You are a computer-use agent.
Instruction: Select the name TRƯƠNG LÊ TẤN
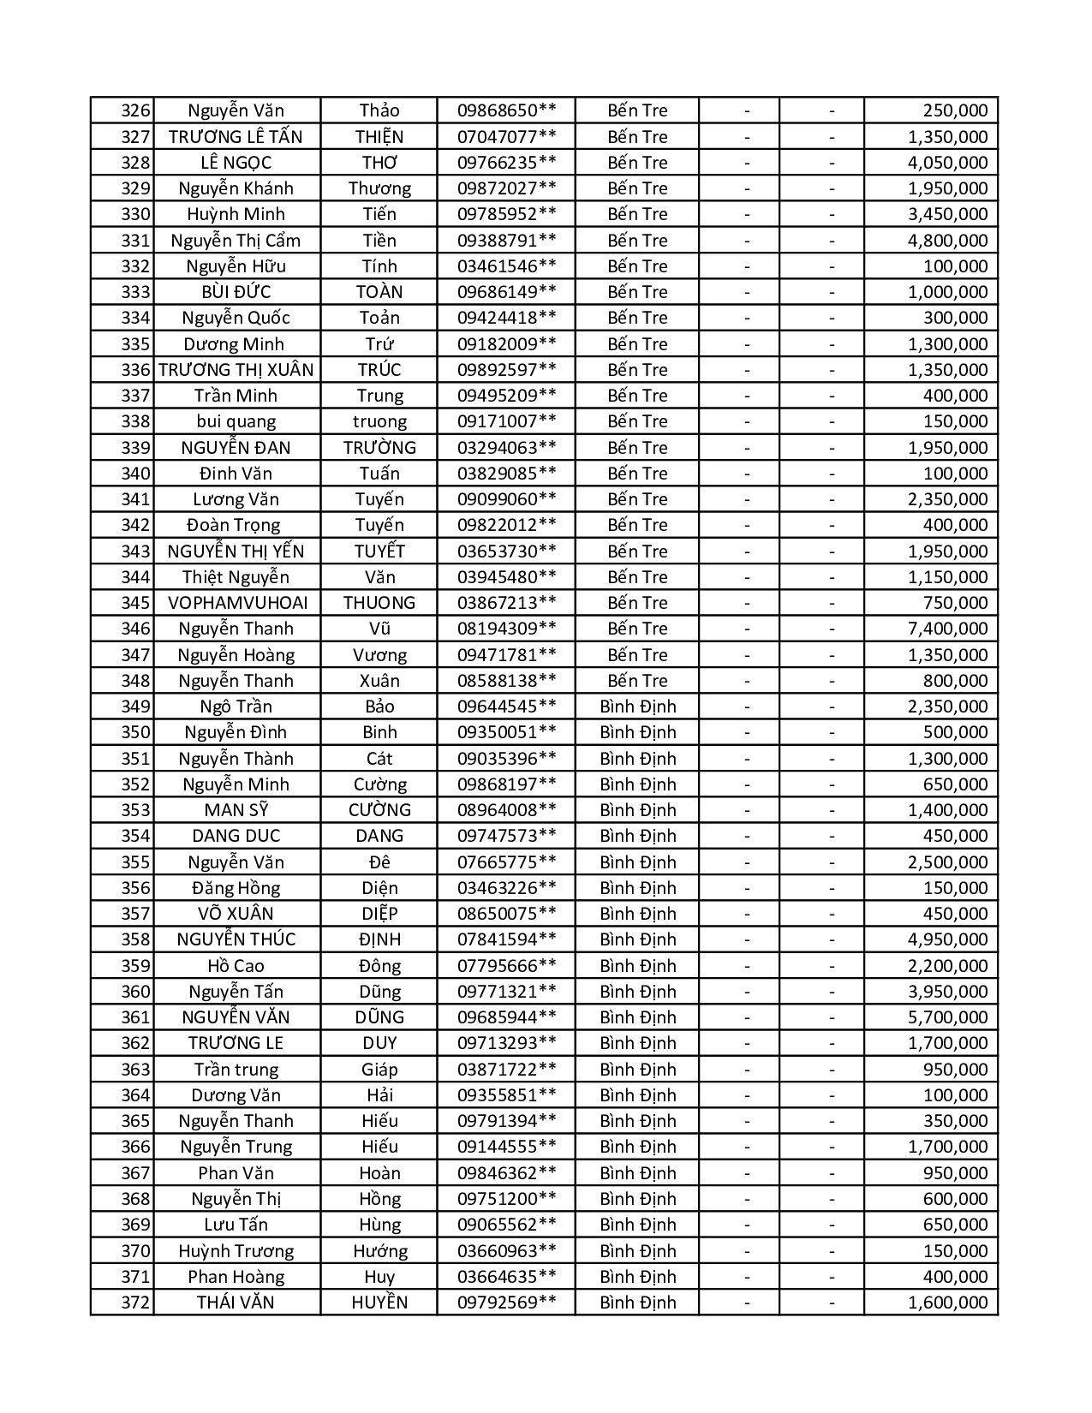(x=236, y=137)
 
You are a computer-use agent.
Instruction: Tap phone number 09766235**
(x=506, y=163)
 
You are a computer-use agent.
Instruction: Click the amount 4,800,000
(x=947, y=241)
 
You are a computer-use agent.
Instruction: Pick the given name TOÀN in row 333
(x=379, y=292)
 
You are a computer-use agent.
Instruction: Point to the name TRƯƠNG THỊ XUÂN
(x=236, y=370)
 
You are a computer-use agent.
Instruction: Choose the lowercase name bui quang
(x=236, y=421)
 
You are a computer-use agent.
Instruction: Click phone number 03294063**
(x=506, y=448)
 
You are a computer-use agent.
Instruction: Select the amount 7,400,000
(x=947, y=629)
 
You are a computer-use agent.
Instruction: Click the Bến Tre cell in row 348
(x=637, y=681)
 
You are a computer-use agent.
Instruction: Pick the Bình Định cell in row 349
(x=637, y=706)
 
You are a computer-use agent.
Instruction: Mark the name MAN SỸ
(x=236, y=810)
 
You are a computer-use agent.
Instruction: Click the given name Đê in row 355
(x=379, y=862)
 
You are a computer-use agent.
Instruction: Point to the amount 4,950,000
(x=947, y=939)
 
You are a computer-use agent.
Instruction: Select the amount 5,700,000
(x=947, y=1017)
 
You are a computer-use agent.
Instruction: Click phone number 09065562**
(x=506, y=1225)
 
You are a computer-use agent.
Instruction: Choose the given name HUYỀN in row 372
(x=379, y=1303)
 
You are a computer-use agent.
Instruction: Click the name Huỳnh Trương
(x=236, y=1251)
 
